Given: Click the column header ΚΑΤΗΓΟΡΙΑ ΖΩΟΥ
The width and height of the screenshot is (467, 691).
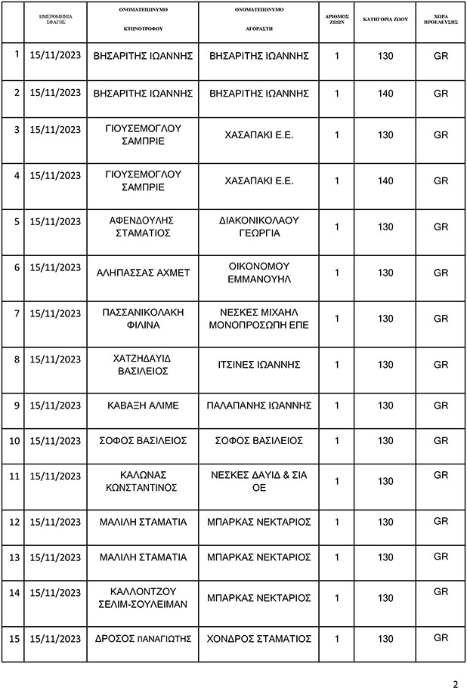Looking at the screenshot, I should click(x=385, y=20).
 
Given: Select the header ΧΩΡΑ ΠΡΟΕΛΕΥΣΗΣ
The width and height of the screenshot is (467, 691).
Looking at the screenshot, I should click(x=441, y=20).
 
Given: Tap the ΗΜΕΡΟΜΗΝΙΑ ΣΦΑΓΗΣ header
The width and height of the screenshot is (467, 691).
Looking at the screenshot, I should click(x=55, y=20).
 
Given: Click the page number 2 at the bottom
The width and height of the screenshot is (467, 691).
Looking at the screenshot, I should click(x=455, y=684).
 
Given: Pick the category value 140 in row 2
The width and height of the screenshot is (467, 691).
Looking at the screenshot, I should click(x=385, y=94).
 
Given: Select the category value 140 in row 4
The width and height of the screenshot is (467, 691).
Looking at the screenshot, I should click(x=385, y=181).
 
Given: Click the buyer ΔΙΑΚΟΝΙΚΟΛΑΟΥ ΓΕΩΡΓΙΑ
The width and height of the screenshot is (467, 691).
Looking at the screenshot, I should click(x=259, y=227).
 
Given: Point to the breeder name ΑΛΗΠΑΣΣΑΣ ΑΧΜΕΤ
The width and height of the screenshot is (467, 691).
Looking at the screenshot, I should click(x=143, y=272).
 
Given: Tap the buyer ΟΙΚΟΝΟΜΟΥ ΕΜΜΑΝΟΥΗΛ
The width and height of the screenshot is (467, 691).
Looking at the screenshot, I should click(x=259, y=272).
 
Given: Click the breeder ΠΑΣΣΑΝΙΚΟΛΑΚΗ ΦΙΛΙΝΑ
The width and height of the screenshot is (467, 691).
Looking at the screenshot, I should click(x=143, y=318).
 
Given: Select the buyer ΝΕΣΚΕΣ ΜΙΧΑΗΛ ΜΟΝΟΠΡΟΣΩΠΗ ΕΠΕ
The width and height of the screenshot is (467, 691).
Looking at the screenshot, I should click(x=259, y=318).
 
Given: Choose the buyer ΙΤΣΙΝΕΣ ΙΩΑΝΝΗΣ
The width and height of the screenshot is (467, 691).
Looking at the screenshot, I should click(x=259, y=365).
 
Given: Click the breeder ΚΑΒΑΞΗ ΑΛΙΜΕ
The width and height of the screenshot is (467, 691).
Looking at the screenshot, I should click(x=143, y=405).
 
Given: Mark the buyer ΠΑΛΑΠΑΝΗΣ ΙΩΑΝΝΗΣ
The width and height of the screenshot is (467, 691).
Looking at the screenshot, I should click(x=259, y=405).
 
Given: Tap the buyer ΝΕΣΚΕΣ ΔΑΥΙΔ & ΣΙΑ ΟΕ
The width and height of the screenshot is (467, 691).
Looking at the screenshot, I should click(x=259, y=481).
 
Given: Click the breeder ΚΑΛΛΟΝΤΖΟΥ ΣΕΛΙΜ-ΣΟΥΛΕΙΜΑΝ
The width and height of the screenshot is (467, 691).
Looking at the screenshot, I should click(x=143, y=597).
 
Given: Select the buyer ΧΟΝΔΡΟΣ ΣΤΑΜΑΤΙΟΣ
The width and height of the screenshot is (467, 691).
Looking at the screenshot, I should click(x=259, y=638).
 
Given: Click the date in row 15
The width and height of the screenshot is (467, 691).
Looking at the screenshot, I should click(x=55, y=638).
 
